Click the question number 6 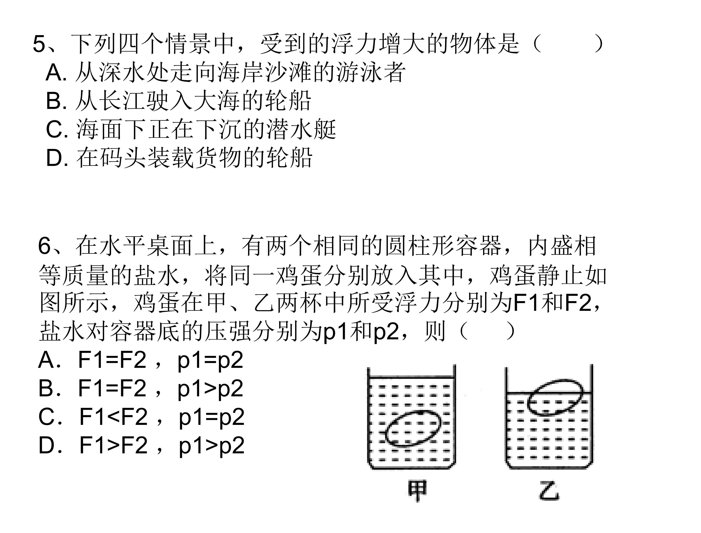(x=44, y=246)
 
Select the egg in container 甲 (x=413, y=429)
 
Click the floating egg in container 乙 (x=555, y=397)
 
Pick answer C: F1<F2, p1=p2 (x=141, y=417)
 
